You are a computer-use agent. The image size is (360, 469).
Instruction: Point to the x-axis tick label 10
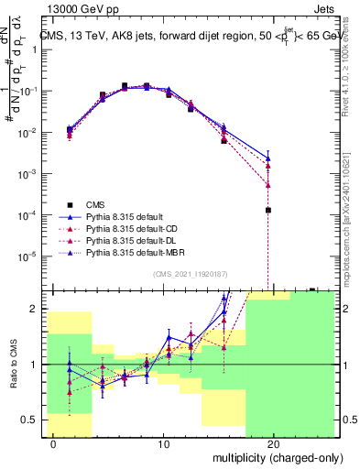[163, 444]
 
